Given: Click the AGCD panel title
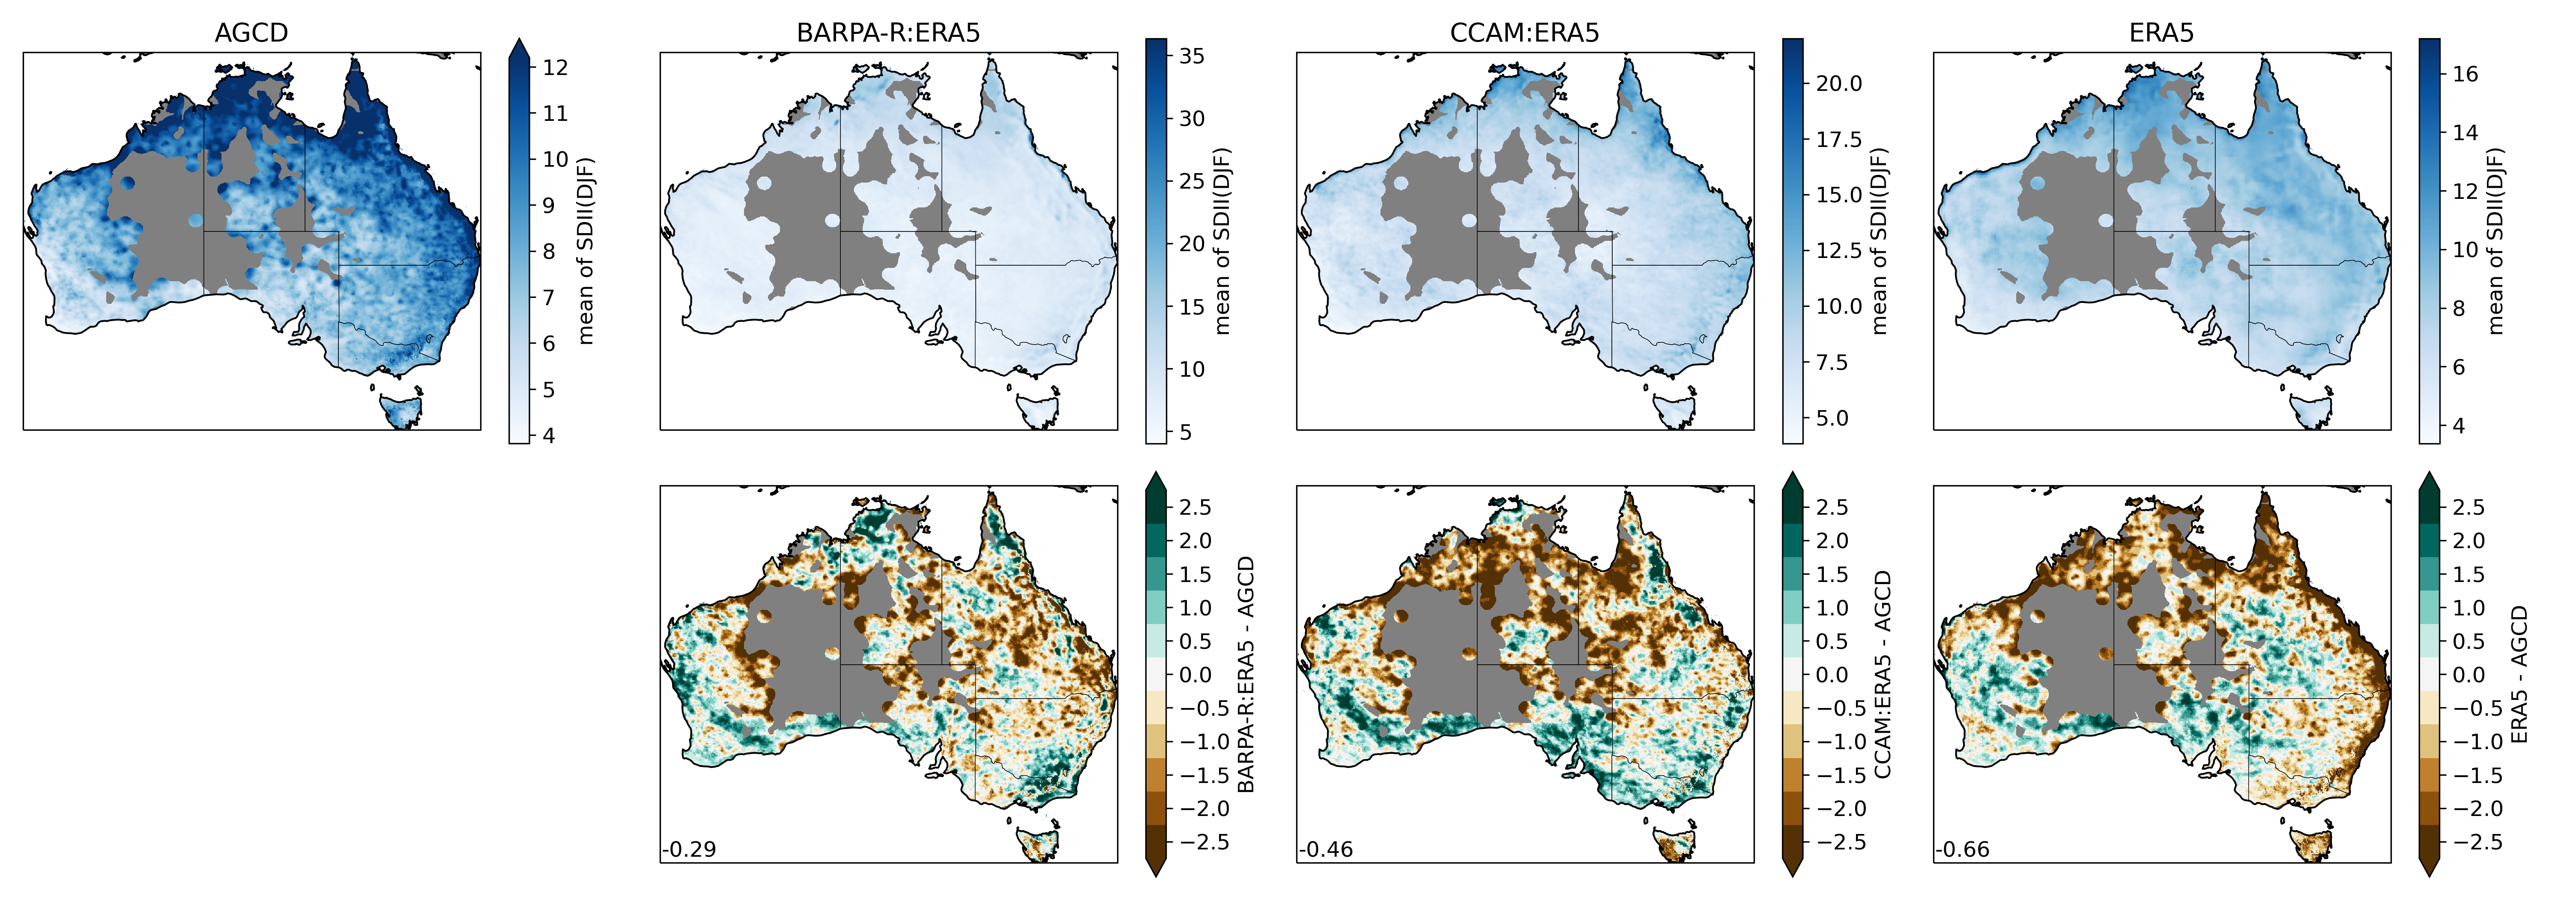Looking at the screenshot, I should pos(251,33).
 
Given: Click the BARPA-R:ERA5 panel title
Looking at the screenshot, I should pos(888,33).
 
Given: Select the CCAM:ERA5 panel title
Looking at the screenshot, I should pos(1524,33).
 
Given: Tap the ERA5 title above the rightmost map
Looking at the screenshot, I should pos(2161,33).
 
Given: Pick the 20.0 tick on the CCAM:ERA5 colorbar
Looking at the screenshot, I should pos(1838,84).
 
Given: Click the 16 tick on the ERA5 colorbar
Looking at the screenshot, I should pos(2464,74).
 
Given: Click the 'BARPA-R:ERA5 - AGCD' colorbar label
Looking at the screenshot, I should pos(1246,675).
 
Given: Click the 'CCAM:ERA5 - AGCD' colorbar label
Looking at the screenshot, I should pos(1883,675).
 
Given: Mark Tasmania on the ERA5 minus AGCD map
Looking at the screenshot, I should pos(2313,844).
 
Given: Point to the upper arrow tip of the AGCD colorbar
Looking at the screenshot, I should pos(519,41).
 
